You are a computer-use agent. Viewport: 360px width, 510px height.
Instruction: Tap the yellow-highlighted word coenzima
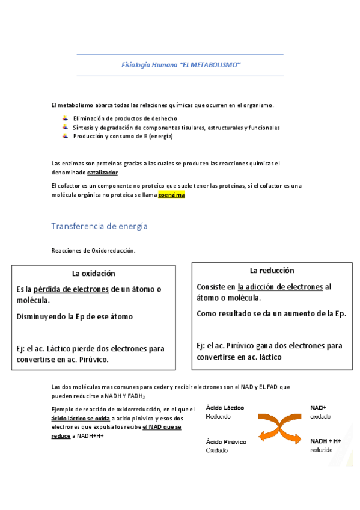click(x=171, y=195)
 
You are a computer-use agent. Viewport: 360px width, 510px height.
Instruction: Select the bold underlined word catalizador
click(x=102, y=173)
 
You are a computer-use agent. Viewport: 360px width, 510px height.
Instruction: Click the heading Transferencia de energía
click(x=99, y=226)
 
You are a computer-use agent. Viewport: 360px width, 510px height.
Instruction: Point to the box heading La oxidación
click(x=93, y=274)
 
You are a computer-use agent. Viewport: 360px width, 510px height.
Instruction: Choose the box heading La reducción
click(x=272, y=271)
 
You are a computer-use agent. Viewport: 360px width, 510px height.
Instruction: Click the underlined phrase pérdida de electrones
click(x=71, y=289)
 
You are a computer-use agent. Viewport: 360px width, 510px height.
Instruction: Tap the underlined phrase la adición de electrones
click(x=280, y=287)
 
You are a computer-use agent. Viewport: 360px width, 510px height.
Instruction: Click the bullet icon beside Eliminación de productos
click(x=65, y=118)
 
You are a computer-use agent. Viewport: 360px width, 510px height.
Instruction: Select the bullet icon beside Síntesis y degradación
click(x=65, y=127)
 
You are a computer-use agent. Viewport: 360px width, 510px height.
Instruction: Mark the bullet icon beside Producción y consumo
click(x=65, y=136)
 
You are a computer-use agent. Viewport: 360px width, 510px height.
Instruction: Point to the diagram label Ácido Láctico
click(x=225, y=408)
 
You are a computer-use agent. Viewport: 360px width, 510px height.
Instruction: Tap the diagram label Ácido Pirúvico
click(x=226, y=441)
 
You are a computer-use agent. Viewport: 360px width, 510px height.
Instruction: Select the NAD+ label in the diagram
click(x=318, y=408)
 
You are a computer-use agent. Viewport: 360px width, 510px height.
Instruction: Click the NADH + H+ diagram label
click(x=326, y=441)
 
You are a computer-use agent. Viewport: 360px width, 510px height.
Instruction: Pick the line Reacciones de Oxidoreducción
click(x=93, y=250)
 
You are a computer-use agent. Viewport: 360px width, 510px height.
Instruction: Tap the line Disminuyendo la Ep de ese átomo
click(x=75, y=316)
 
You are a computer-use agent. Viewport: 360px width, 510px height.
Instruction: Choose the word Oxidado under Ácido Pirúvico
click(x=218, y=450)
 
